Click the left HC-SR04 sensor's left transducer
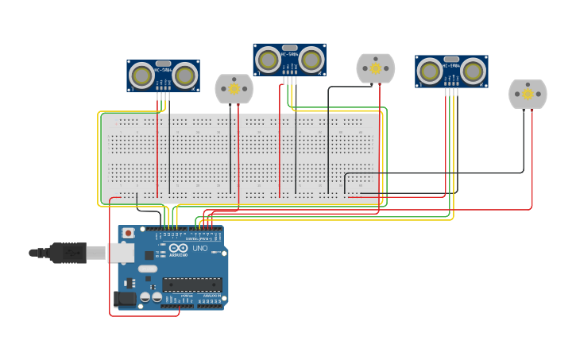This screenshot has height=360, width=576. (x=142, y=75)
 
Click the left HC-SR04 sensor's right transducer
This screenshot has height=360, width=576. (x=185, y=75)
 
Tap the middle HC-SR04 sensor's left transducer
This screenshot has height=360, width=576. (x=269, y=60)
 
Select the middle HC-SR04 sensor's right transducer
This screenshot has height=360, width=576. (x=311, y=60)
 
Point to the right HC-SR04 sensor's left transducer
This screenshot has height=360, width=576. (x=430, y=72)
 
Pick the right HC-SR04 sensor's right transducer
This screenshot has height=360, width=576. (x=474, y=72)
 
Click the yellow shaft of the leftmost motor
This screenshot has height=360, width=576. (x=234, y=89)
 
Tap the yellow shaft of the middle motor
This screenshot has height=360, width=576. (x=376, y=68)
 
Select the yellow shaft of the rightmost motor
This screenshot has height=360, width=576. (x=528, y=94)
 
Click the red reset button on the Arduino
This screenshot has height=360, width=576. (x=128, y=234)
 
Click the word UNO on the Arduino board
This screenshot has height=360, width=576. (x=199, y=249)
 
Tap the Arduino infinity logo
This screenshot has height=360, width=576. (x=179, y=248)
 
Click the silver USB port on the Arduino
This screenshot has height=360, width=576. (x=121, y=253)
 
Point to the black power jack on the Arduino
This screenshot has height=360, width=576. (x=124, y=299)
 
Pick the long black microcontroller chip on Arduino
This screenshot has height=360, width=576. (x=191, y=284)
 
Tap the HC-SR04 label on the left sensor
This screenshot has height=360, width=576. (x=163, y=69)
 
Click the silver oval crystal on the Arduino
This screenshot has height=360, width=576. (x=148, y=269)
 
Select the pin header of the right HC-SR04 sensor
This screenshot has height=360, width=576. (x=451, y=87)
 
